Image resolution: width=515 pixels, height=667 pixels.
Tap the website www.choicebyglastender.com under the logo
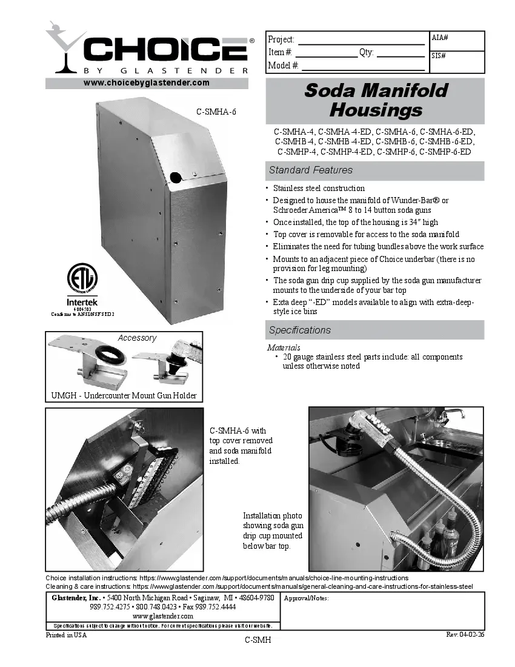pos(146,82)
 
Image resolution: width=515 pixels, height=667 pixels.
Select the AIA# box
pos(457,41)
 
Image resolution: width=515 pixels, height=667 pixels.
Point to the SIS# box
pos(457,62)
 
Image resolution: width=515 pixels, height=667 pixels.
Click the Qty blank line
pos(400,53)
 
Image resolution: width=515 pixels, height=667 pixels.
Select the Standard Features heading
pos(311,170)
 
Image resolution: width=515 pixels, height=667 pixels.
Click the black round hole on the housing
pos(175,177)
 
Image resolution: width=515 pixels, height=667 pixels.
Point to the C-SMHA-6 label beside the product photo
pos(215,112)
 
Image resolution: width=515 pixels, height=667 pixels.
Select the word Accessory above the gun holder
pos(137,338)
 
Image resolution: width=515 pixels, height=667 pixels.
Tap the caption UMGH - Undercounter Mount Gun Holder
pos(124,396)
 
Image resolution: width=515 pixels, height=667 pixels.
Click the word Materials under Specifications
pos(284,347)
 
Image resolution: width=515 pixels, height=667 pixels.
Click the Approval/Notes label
pos(306,598)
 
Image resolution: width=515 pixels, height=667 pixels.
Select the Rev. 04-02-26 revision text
pos(465,634)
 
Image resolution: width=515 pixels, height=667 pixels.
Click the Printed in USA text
pos(67,635)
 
